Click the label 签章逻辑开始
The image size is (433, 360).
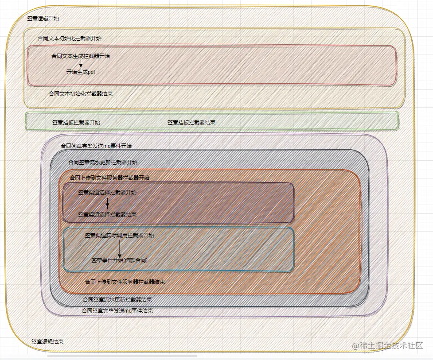(43, 19)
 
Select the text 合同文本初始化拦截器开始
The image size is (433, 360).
(70, 39)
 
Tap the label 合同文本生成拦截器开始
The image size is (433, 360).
(81, 56)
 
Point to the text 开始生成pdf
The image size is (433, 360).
(81, 72)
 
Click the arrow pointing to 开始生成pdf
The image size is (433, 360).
(81, 64)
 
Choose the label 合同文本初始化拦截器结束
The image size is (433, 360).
(80, 94)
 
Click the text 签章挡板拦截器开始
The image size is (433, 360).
(76, 122)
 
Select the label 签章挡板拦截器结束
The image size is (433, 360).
(191, 122)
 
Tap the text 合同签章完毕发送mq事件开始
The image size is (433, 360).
(96, 146)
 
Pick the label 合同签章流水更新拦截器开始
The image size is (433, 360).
(103, 163)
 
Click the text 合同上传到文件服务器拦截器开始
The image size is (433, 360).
(109, 178)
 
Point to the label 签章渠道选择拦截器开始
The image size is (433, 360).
(107, 193)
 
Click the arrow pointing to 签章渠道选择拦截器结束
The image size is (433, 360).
(107, 203)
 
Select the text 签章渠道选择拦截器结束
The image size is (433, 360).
(107, 214)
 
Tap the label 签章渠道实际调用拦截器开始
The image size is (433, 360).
(120, 236)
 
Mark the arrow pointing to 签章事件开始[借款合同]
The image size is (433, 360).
(120, 249)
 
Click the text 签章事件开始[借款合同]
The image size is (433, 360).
(120, 260)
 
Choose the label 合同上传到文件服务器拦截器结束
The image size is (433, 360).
(125, 282)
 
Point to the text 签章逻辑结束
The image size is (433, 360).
(47, 342)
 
